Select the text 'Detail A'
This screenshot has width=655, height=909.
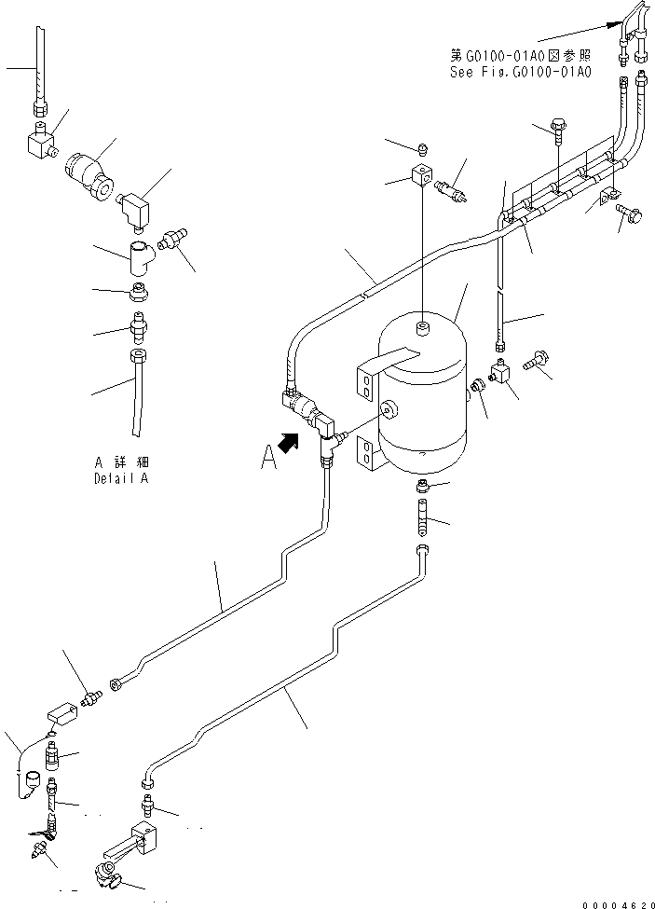[x=120, y=478]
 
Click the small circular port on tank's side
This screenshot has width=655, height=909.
[x=389, y=406]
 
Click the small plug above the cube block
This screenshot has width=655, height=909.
[x=421, y=147]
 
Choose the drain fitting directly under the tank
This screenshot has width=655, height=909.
[x=423, y=486]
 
